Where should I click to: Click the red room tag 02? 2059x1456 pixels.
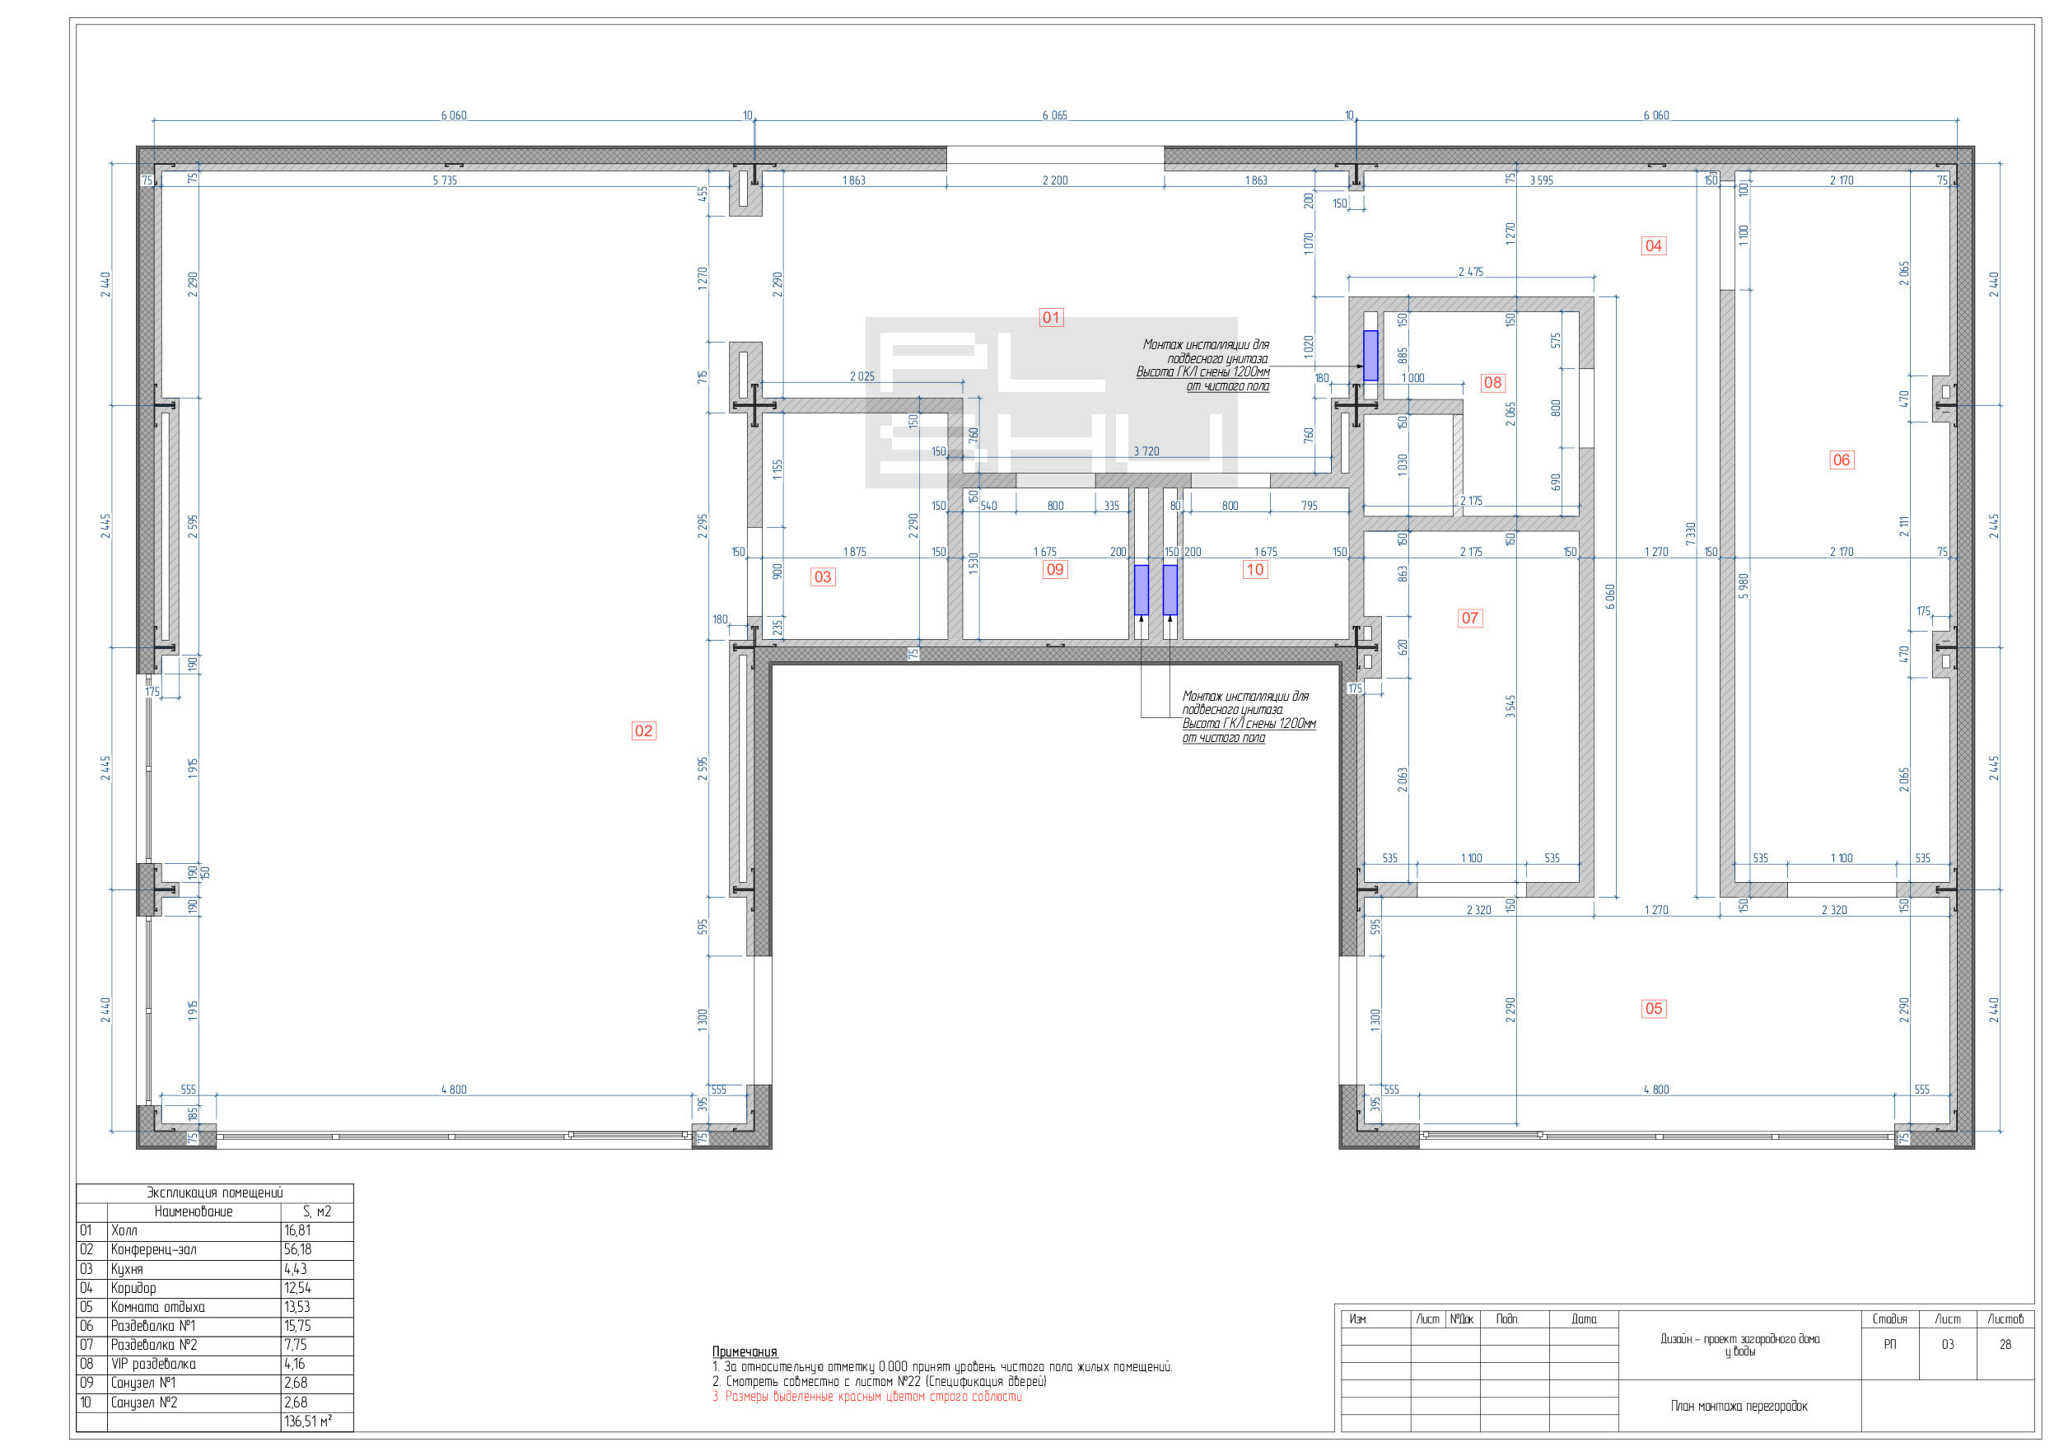(643, 730)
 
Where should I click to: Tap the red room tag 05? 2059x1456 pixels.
(1654, 1009)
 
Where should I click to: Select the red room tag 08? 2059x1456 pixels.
(1492, 383)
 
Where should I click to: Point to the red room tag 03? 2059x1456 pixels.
(822, 577)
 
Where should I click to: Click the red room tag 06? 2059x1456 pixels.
(1841, 460)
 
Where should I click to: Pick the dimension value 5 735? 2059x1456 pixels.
(445, 180)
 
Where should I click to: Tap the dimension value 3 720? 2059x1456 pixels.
(1146, 451)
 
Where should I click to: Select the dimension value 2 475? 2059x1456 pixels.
(1471, 272)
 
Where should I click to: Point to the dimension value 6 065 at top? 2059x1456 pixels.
(1054, 115)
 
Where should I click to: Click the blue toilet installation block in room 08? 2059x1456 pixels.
(1370, 355)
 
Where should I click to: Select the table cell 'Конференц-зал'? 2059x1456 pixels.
(153, 1250)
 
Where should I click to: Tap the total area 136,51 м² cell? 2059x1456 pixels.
(307, 1422)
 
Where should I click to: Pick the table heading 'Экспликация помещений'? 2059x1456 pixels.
(214, 1192)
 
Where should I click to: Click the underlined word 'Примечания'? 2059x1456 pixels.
(745, 1352)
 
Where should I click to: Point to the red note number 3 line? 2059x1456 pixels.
(867, 1397)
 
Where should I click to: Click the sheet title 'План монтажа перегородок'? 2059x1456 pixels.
(1739, 1406)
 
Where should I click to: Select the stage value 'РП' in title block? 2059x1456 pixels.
(1889, 1345)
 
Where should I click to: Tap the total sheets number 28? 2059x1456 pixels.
(2005, 1345)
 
